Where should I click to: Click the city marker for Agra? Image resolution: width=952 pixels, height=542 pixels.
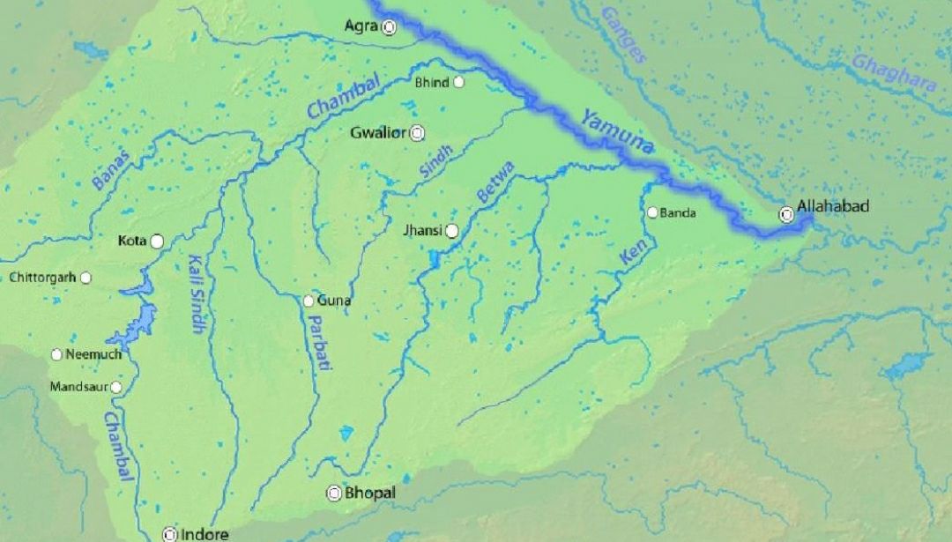(389, 27)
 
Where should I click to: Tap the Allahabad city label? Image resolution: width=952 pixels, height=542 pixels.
(833, 206)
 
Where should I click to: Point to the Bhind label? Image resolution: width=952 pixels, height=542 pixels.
(432, 83)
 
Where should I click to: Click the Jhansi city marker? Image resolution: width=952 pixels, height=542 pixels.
(451, 231)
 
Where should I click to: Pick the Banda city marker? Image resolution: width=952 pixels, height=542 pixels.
(652, 212)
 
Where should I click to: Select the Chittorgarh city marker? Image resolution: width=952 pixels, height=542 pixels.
(86, 278)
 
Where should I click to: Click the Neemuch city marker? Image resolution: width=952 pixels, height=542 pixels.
(57, 354)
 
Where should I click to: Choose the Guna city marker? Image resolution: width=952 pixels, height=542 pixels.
(309, 301)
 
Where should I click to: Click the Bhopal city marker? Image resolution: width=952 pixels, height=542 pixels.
(334, 494)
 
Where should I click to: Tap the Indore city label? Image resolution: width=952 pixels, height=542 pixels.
(205, 534)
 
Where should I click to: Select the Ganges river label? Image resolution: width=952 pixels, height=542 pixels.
(622, 34)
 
